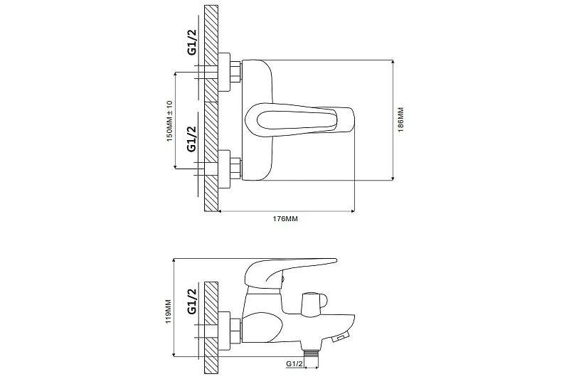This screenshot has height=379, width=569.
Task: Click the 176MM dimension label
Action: coord(285,219)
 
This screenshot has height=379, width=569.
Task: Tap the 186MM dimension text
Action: coord(400,119)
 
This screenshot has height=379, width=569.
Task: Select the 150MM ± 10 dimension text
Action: coord(170,121)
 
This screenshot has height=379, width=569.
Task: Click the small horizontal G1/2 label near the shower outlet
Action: coord(294,364)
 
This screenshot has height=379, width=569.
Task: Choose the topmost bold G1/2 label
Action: coord(192,41)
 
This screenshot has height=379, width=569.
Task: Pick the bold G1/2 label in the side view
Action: coord(192,301)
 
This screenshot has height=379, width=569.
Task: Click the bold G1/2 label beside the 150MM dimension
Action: coord(192,138)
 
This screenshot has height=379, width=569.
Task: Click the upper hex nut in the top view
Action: coord(235,71)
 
